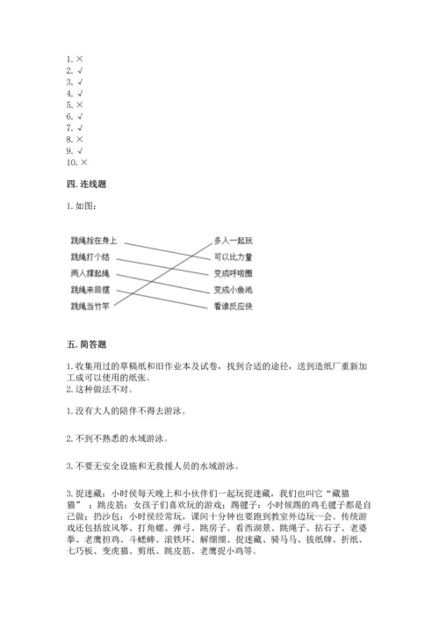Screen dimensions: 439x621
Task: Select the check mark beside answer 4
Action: click(80, 92)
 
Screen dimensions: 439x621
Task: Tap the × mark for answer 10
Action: click(83, 162)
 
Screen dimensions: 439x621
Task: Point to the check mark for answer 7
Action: click(80, 127)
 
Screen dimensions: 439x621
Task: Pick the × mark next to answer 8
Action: click(80, 139)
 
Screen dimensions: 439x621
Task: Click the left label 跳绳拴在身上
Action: click(93, 240)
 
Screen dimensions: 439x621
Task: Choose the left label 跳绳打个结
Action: click(90, 256)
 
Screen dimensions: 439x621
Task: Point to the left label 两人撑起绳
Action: click(90, 273)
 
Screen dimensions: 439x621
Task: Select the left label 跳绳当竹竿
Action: click(90, 307)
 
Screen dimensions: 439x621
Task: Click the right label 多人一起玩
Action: click(233, 240)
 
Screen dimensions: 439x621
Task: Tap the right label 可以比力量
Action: click(233, 256)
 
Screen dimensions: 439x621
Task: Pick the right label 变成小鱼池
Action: click(233, 290)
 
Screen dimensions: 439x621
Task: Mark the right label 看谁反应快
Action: click(233, 307)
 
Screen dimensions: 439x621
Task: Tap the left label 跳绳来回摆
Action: click(90, 290)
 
